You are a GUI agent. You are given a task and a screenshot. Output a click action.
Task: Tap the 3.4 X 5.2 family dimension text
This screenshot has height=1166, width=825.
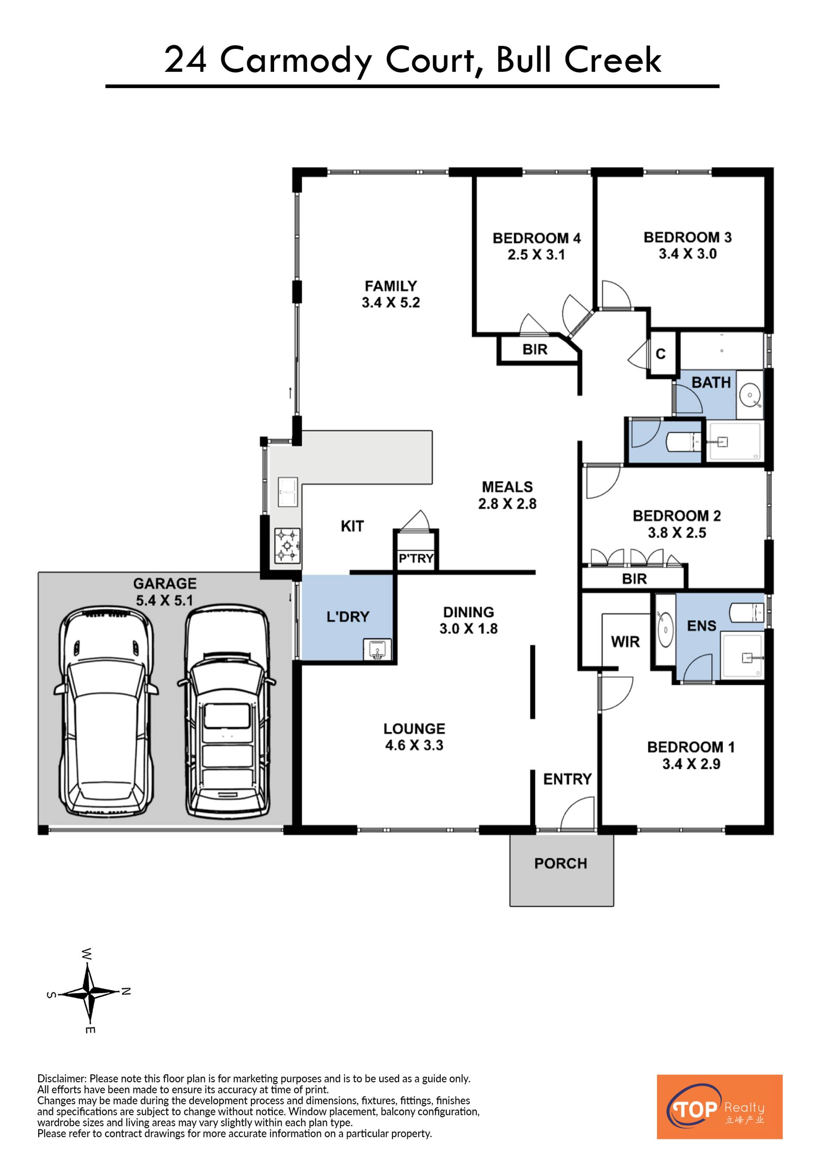tap(391, 303)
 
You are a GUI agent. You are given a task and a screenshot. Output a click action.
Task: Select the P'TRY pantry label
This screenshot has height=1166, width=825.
tap(416, 559)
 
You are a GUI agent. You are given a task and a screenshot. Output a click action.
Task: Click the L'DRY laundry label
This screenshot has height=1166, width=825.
tap(348, 617)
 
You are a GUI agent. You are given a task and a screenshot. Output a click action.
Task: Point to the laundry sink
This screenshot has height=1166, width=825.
tap(377, 649)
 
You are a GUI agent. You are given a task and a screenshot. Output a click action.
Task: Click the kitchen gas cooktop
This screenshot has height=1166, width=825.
tap(287, 545)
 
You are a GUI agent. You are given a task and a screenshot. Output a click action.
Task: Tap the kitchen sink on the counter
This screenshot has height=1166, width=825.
tap(288, 492)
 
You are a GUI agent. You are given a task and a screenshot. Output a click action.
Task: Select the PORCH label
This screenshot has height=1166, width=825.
tap(561, 863)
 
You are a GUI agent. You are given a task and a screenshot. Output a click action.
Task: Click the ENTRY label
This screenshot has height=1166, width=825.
tap(568, 779)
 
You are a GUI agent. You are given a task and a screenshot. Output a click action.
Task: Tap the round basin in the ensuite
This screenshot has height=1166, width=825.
tap(666, 630)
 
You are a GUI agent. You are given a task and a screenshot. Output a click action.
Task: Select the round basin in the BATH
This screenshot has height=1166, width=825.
tap(750, 395)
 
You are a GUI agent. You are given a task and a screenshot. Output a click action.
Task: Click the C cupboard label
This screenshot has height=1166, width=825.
tap(660, 354)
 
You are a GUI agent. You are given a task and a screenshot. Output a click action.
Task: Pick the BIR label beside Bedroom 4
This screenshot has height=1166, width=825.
tap(535, 350)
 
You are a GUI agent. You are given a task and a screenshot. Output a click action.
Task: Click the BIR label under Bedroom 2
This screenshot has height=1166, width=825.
tap(635, 578)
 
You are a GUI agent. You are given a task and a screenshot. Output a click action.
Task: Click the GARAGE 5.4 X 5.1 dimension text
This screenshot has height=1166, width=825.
tap(165, 600)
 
